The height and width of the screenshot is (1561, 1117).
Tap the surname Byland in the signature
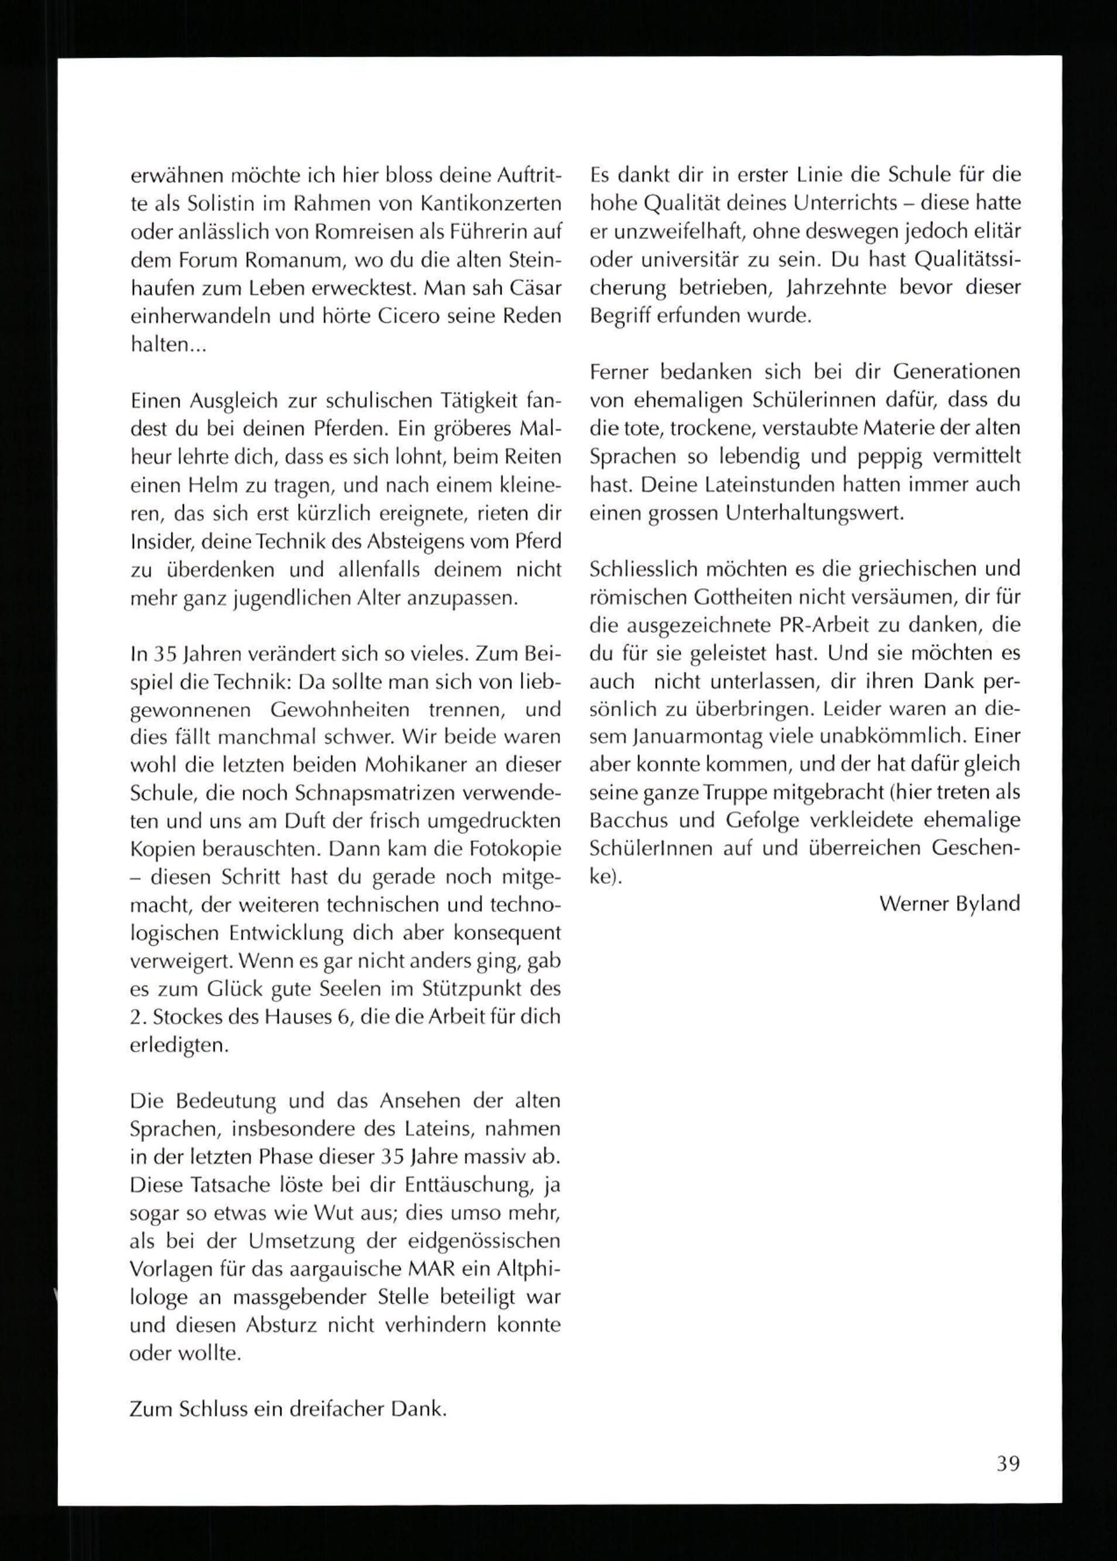987,903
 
